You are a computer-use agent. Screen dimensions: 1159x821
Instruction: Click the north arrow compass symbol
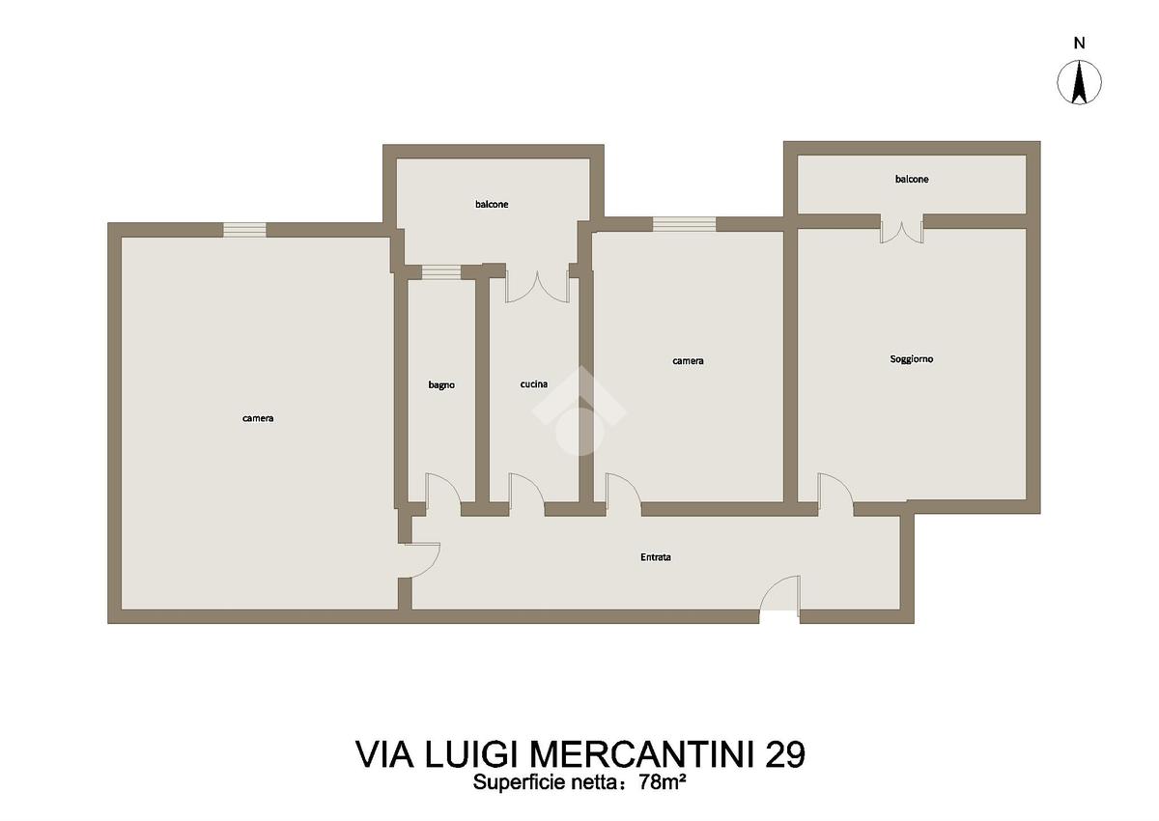(x=1079, y=82)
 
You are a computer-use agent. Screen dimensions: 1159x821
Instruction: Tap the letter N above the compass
(x=1079, y=43)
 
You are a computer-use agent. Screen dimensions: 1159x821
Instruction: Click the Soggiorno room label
(x=911, y=359)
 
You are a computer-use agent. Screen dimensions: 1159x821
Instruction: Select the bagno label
(x=441, y=384)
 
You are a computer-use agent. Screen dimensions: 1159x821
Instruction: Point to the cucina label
(x=534, y=383)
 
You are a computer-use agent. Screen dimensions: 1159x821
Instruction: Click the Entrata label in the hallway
(x=656, y=557)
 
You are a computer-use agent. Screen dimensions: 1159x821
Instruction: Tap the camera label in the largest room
(x=258, y=418)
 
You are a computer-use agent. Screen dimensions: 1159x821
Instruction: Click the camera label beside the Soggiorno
(x=688, y=361)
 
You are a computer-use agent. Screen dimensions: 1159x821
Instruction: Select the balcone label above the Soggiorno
(x=912, y=179)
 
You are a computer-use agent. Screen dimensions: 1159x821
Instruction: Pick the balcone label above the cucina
(x=492, y=205)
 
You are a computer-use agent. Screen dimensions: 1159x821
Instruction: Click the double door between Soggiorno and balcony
(x=902, y=231)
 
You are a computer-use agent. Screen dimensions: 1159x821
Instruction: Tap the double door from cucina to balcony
(x=538, y=287)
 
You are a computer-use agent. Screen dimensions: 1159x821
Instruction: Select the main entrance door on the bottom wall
(x=779, y=594)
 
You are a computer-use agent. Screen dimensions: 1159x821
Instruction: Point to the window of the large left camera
(x=244, y=230)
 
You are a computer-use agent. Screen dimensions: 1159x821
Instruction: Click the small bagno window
(x=440, y=272)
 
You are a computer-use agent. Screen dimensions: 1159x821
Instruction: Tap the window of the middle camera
(x=684, y=224)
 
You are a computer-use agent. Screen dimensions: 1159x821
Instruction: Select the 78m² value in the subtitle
(x=663, y=781)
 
